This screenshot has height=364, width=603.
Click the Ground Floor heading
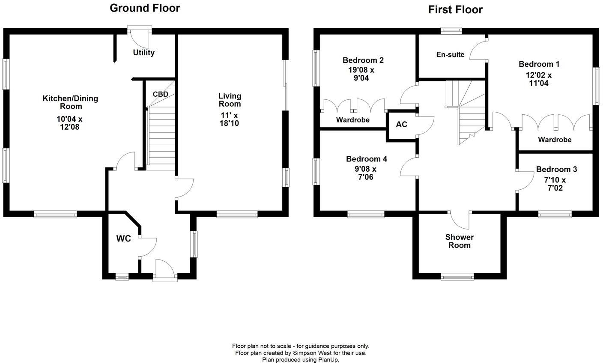click(x=145, y=8)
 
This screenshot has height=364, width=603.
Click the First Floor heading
click(x=455, y=9)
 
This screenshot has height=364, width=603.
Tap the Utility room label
click(x=143, y=53)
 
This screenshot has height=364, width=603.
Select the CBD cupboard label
click(x=160, y=94)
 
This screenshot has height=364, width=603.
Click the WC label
click(x=124, y=239)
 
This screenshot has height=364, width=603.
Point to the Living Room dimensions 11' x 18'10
click(x=230, y=119)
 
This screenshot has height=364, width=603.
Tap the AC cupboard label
click(x=401, y=125)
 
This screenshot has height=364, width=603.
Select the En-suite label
click(x=450, y=54)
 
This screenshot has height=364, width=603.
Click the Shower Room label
click(x=460, y=241)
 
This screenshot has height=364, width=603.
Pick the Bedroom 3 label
click(x=556, y=169)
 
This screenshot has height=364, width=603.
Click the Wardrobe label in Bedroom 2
click(x=352, y=120)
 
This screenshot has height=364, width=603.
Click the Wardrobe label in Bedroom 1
click(x=555, y=140)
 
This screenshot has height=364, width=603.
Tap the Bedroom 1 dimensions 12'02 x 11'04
click(x=539, y=79)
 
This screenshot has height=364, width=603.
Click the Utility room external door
click(x=140, y=36)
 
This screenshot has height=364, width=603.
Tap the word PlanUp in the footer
click(x=328, y=360)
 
